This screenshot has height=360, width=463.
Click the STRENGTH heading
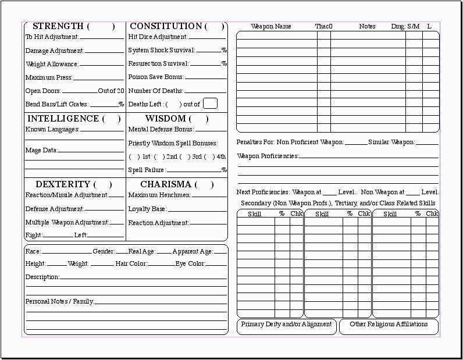(x=58, y=26)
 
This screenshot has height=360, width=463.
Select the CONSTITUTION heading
(x=166, y=26)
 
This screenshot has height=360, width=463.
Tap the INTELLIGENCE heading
(x=63, y=119)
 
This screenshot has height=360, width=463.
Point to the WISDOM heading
(x=165, y=119)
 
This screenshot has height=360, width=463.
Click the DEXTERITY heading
(x=63, y=184)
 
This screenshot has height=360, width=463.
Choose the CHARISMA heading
(x=166, y=184)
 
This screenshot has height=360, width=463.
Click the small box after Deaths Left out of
(x=210, y=104)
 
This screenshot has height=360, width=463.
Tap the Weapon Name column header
(x=271, y=27)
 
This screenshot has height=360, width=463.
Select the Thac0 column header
(x=323, y=27)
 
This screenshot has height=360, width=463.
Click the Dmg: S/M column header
(x=405, y=27)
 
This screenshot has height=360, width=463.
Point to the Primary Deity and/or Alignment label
(x=286, y=325)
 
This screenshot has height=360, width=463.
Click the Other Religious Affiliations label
(x=389, y=325)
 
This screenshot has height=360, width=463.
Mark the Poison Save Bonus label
(x=156, y=77)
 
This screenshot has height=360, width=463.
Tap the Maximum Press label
(x=49, y=77)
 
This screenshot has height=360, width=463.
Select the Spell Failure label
(x=147, y=170)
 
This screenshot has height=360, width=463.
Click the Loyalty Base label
(x=147, y=209)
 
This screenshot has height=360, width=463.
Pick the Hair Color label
(x=131, y=264)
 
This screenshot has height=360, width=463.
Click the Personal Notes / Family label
(x=59, y=302)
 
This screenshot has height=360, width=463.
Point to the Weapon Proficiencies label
(x=268, y=156)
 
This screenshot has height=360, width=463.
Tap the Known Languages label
(x=52, y=130)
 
